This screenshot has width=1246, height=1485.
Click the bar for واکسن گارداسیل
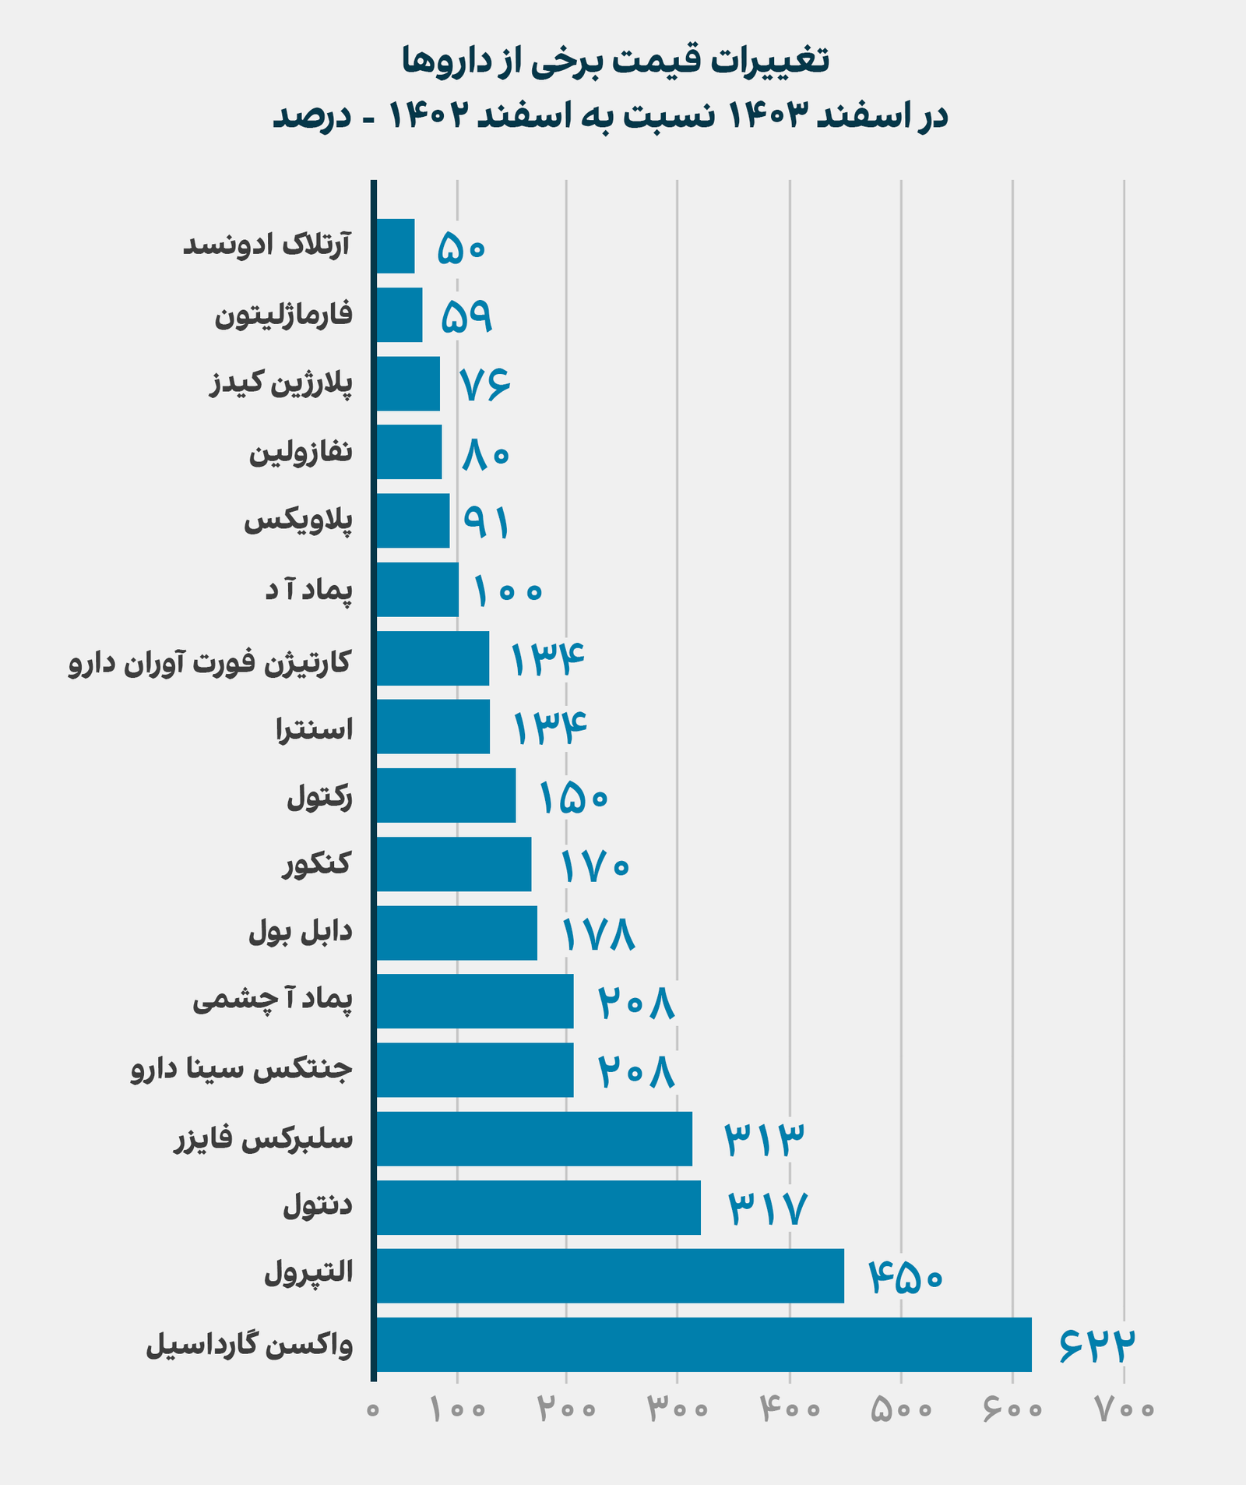click(x=703, y=1344)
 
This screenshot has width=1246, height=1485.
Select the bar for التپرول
click(x=610, y=1275)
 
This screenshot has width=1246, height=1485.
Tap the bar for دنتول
click(x=538, y=1207)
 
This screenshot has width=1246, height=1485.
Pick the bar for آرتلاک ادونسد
click(x=396, y=246)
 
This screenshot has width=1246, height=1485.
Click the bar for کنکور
click(x=454, y=864)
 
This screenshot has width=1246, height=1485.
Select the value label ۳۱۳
click(x=764, y=1140)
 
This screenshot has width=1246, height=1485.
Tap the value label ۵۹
click(x=466, y=316)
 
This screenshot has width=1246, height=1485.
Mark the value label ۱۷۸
click(x=598, y=934)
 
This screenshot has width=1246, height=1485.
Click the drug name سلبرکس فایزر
click(x=262, y=1139)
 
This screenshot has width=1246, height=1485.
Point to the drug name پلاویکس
click(x=298, y=521)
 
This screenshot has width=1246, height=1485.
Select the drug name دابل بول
click(x=301, y=933)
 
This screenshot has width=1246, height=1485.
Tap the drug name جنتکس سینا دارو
click(x=241, y=1069)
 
